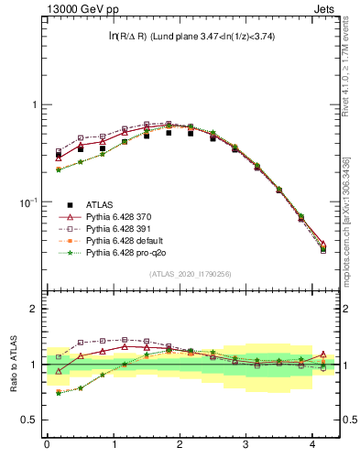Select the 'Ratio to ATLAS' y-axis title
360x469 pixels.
click(x=15, y=365)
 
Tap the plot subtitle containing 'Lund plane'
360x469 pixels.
click(x=191, y=37)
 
